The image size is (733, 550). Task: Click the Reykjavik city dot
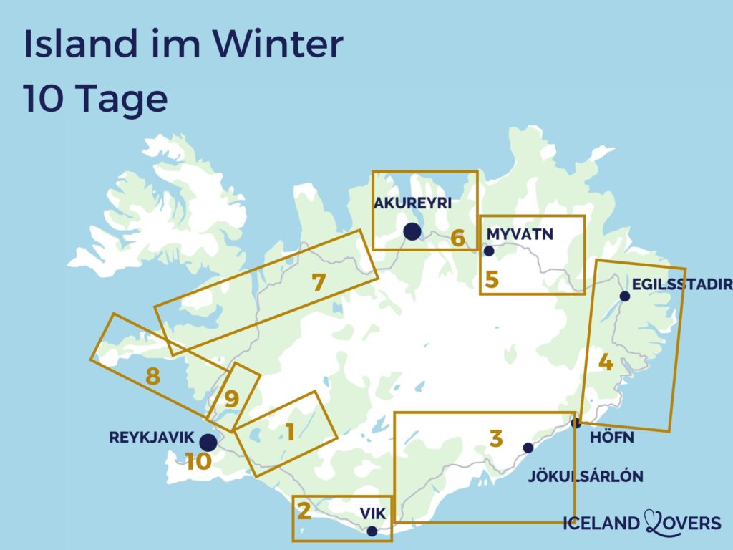click(x=208, y=442)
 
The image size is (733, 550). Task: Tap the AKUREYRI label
click(x=412, y=203)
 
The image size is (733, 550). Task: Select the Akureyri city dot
click(x=412, y=231)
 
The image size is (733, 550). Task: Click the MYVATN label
click(x=520, y=233)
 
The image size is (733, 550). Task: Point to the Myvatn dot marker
click(x=490, y=251)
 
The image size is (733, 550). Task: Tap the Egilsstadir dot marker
click(x=625, y=296)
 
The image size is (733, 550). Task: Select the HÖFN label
click(x=612, y=438)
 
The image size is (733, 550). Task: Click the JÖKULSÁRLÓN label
click(x=586, y=476)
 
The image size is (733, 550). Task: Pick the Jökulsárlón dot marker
click(x=528, y=448)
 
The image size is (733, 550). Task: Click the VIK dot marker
click(x=372, y=531)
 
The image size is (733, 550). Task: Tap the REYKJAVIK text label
click(x=152, y=438)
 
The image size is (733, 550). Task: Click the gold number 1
click(x=290, y=432)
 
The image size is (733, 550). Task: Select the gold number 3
click(x=496, y=438)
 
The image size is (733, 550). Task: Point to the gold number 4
click(x=606, y=363)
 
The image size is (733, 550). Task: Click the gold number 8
click(x=152, y=376)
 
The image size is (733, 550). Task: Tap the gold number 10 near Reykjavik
click(x=198, y=462)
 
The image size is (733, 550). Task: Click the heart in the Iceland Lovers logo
click(x=657, y=522)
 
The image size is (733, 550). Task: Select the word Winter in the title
click(x=279, y=44)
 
